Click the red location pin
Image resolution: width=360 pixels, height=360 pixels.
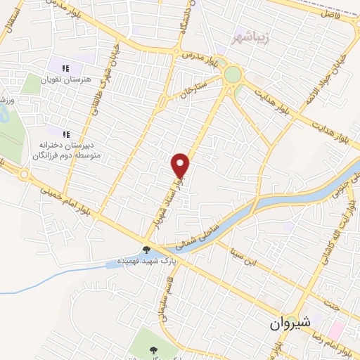pos(181,166)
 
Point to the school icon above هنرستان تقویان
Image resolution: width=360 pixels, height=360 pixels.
pos(65,69)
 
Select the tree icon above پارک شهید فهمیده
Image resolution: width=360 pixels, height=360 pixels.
pos(146,249)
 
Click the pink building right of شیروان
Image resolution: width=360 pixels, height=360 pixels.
pos(336,329)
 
